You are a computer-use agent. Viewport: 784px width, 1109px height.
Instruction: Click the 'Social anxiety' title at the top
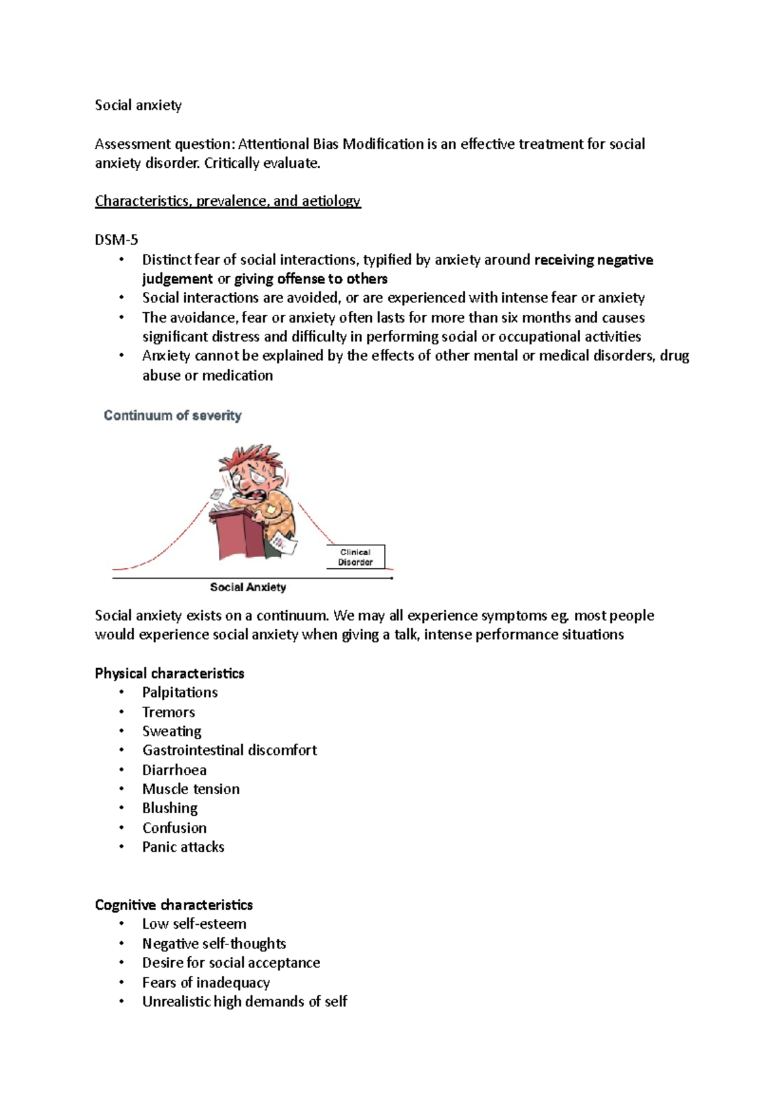tap(138, 105)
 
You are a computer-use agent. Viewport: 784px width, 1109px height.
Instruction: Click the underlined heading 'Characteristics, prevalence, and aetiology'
tap(227, 201)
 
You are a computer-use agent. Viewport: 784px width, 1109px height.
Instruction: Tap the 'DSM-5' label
tap(116, 240)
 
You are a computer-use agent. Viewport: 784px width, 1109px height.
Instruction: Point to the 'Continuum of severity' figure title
tap(172, 415)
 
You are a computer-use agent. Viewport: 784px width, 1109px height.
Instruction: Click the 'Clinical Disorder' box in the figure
tap(355, 557)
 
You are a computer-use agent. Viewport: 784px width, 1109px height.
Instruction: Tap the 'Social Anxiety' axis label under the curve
tap(248, 587)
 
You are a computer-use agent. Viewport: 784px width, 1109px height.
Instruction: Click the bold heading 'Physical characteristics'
tap(169, 673)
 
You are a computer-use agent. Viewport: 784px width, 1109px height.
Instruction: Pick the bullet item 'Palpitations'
tap(180, 692)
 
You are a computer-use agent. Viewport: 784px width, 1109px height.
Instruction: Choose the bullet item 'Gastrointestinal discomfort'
tap(229, 750)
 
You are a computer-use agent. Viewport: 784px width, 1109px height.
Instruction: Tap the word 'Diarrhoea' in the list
tap(174, 770)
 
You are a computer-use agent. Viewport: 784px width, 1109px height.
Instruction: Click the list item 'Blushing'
tap(170, 809)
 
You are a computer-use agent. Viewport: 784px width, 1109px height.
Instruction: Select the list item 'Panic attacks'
tap(183, 847)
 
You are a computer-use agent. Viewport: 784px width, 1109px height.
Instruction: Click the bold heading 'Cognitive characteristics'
tap(174, 905)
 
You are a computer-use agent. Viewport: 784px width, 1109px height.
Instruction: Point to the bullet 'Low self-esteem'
tap(194, 924)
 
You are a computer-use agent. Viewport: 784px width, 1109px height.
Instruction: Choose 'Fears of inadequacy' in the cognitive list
tap(206, 982)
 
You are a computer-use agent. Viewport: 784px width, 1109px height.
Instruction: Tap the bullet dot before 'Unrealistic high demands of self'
tap(121, 1001)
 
